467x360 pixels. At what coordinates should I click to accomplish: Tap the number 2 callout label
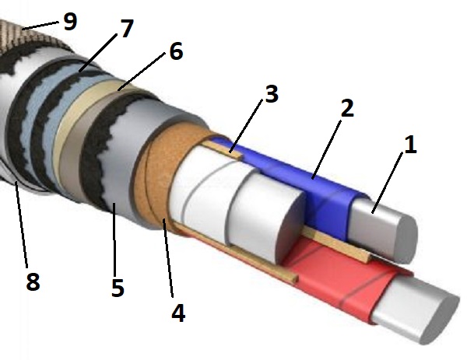(x=346, y=109)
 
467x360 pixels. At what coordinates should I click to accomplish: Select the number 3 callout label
(x=270, y=95)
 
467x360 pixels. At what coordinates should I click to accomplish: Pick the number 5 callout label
(x=117, y=287)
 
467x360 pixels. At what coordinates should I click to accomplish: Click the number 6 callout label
(x=174, y=53)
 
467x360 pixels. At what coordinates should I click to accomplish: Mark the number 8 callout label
(x=32, y=281)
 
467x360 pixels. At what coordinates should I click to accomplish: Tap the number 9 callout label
(x=70, y=21)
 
